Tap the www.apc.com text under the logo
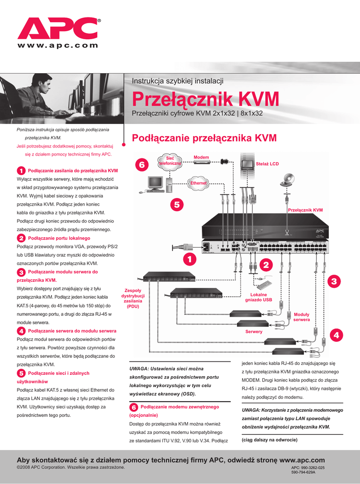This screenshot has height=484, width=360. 58,46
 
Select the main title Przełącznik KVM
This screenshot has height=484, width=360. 205,99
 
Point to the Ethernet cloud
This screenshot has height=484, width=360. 198,183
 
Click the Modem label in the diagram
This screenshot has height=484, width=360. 201,157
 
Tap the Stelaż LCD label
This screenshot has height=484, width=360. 267,164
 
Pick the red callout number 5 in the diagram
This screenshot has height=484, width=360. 177,205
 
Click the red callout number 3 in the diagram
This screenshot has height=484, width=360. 334,281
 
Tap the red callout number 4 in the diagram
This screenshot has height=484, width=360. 336,335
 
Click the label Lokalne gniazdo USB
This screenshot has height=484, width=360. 258,297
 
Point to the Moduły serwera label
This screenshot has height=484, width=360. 301,317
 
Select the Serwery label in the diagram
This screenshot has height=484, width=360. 254,332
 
